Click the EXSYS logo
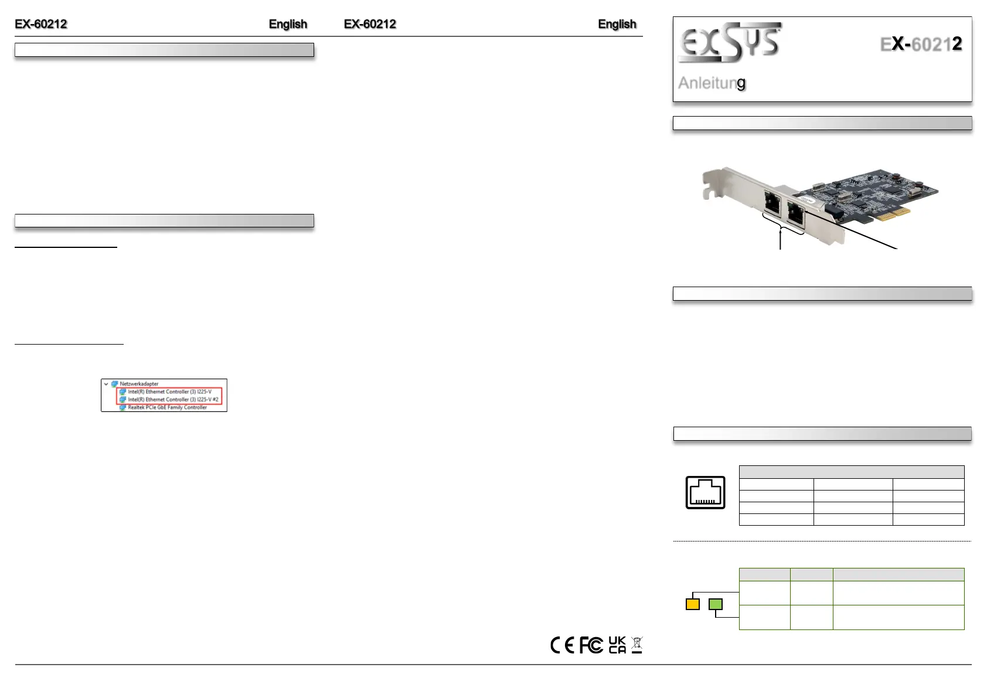pos(730,42)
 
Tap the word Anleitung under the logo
pos(712,83)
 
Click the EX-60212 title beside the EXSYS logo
pos(921,44)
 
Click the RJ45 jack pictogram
pos(705,492)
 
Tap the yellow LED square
pos(692,604)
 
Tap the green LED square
pos(715,604)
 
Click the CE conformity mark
pos(562,645)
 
